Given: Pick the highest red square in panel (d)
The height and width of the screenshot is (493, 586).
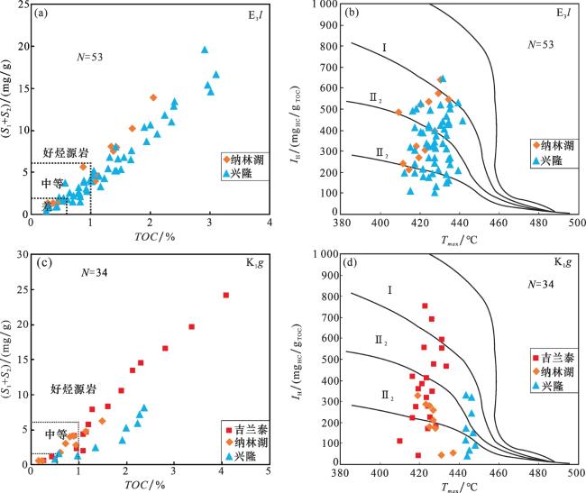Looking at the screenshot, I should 425,306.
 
